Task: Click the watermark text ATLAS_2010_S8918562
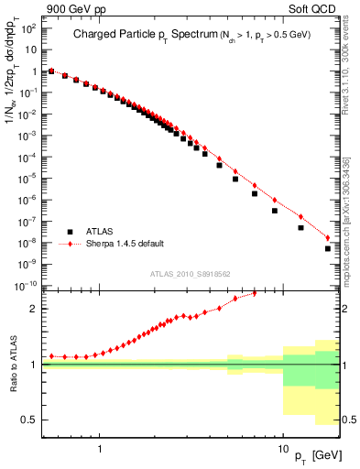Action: tap(191, 274)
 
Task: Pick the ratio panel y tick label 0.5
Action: tap(30, 420)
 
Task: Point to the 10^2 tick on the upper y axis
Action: tap(29, 27)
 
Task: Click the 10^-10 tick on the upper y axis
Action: tap(27, 285)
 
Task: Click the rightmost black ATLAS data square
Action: tap(328, 248)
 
